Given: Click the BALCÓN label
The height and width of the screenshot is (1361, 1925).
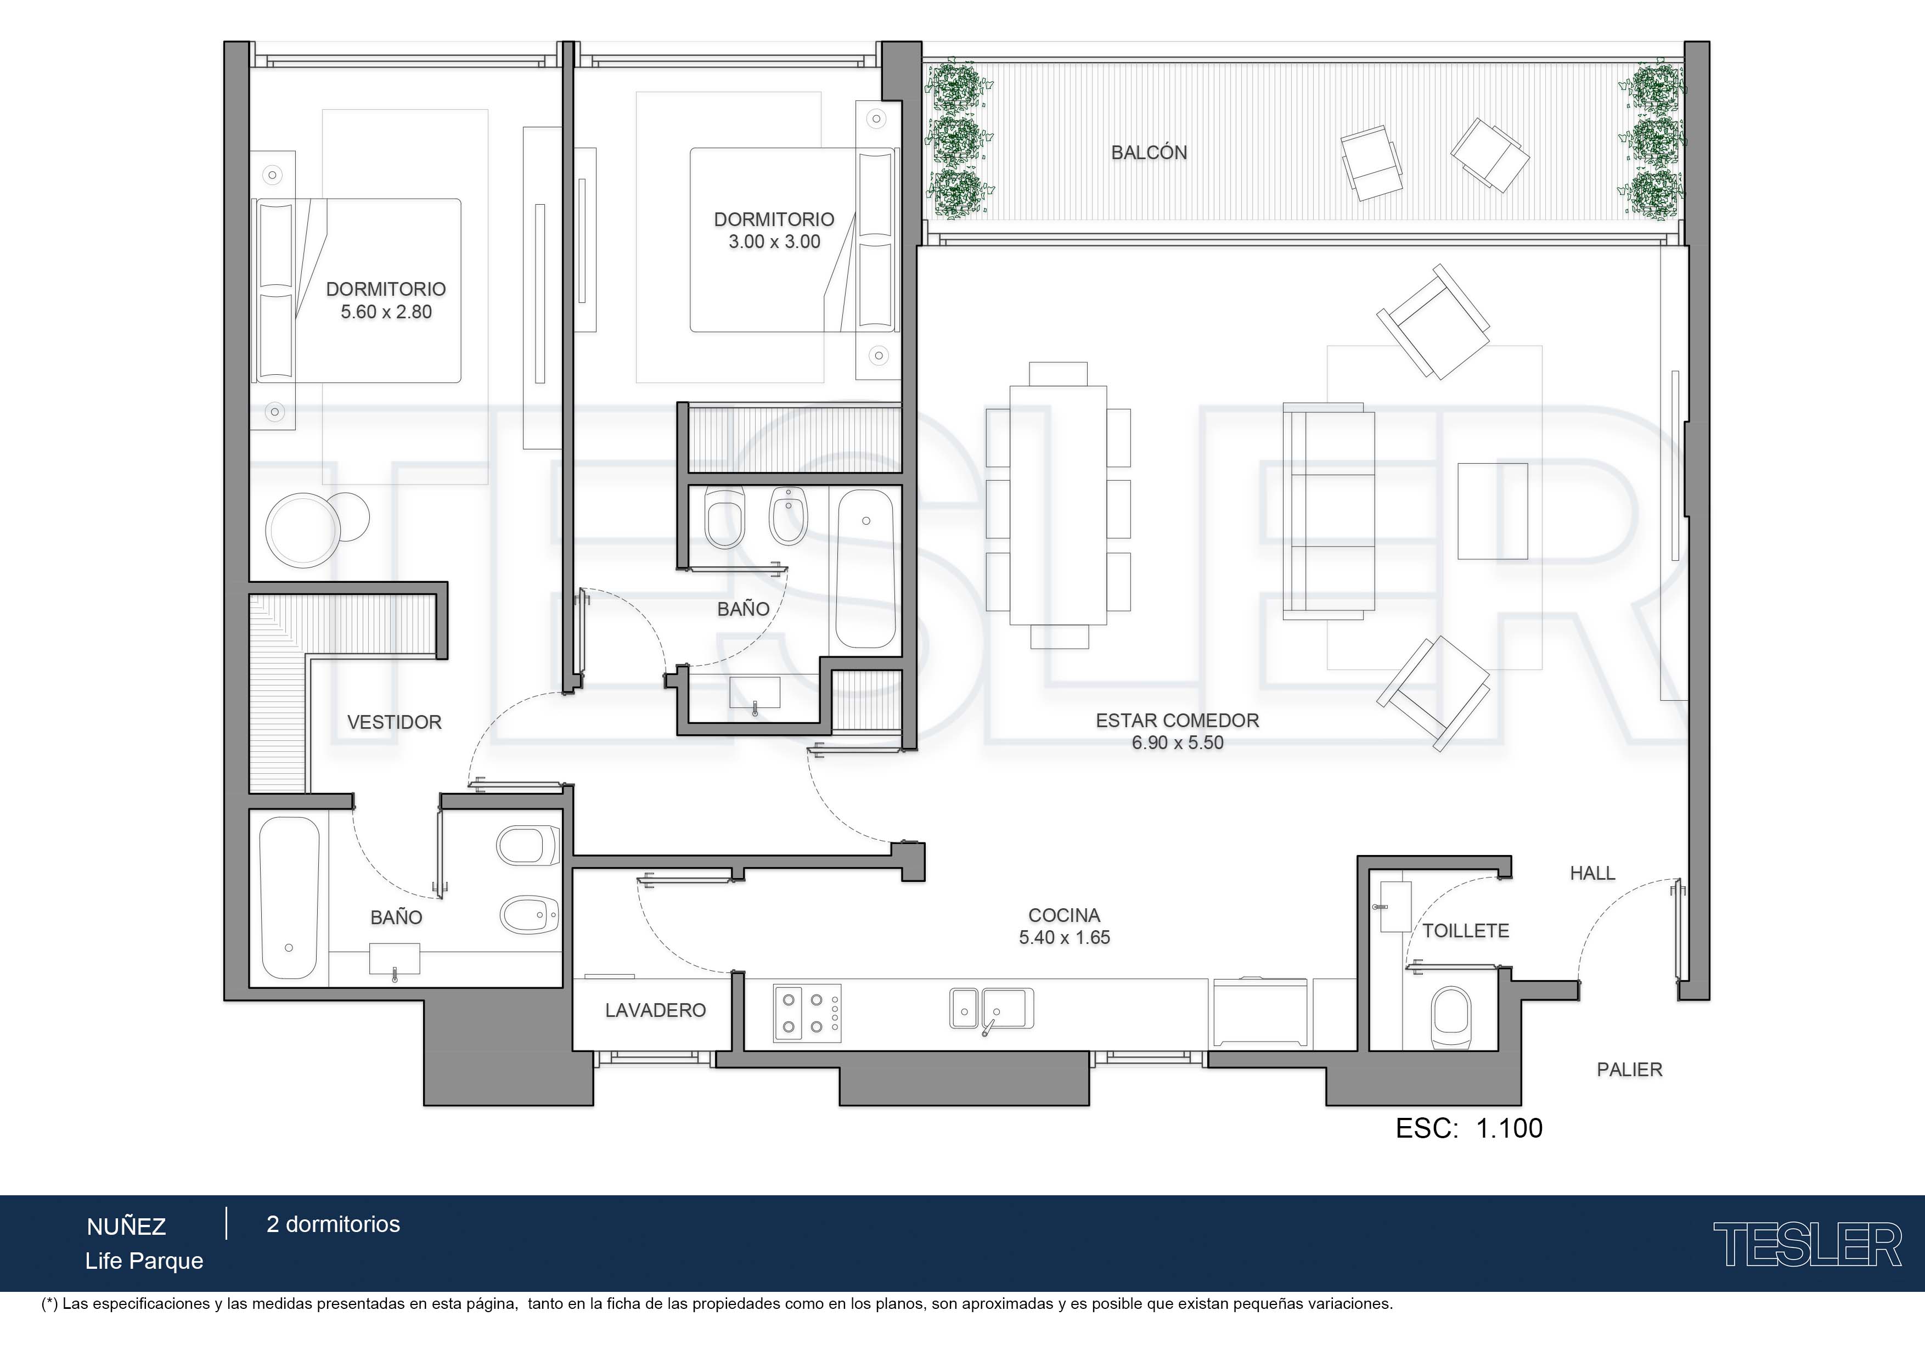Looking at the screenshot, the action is pos(1149,153).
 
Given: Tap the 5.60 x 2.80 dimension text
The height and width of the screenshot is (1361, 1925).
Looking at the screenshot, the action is pos(386,312).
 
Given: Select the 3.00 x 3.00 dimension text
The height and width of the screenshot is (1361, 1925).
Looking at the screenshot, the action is pos(774,241).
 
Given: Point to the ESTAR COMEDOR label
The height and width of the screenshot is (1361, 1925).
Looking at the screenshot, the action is pos(1177,721).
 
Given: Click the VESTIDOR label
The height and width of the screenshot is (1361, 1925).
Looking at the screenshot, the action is pos(394,722).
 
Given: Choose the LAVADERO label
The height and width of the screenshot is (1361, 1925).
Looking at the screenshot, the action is pos(655,1010).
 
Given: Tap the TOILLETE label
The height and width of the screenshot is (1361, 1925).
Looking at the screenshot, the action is pos(1466,931).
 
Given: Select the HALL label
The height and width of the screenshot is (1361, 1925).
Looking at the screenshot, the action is pos(1592,873).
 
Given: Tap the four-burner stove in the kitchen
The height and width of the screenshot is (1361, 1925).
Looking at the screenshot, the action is pos(807,1013).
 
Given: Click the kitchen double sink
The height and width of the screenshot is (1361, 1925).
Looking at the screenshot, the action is pos(991,1009).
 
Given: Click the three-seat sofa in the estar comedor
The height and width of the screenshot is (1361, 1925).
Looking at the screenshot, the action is pos(1329,511).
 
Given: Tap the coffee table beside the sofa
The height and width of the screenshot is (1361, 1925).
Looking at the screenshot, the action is pos(1493,511).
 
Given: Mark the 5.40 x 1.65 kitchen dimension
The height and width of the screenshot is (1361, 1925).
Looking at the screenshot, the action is pos(1064,937).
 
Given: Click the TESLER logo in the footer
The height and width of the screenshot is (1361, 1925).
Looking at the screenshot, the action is pos(1808,1245).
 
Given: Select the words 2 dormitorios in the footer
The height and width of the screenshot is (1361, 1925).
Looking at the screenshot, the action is pos(333,1224).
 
